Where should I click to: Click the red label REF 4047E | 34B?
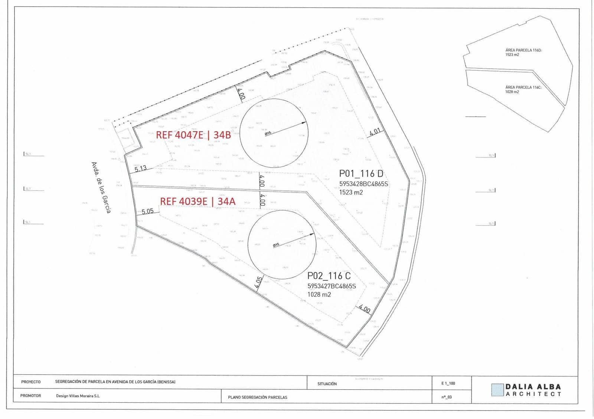point(193,135)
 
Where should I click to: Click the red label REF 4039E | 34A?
point(198,201)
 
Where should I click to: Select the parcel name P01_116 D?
point(361,173)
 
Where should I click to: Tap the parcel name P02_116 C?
point(329,276)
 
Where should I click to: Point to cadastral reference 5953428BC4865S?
point(363,184)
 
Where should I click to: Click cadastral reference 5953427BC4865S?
point(332,286)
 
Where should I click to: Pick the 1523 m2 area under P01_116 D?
point(351,192)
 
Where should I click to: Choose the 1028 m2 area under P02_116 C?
point(319,295)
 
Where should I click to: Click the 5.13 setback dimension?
point(141,169)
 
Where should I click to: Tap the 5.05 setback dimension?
point(147,211)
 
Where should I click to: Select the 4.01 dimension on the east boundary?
point(375,131)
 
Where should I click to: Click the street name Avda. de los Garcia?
point(101,187)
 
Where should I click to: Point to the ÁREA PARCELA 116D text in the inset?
point(523,50)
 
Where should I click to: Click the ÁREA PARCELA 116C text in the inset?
point(523,87)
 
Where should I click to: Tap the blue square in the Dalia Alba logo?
point(497,390)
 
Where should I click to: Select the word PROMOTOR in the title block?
point(31,396)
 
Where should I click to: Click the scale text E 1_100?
point(448,383)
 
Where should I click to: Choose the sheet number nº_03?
point(447,397)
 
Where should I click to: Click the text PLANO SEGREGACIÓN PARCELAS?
point(258,397)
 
